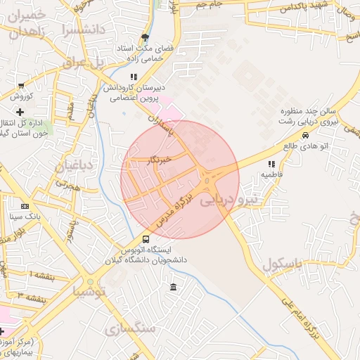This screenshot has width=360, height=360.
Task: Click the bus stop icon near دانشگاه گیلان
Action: (x=146, y=239)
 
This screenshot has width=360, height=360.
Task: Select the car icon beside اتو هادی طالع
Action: (x=305, y=136)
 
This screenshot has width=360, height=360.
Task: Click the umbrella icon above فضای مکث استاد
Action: (x=146, y=37)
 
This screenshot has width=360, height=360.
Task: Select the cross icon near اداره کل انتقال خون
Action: (x=20, y=112)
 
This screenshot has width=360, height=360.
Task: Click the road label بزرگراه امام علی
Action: (x=304, y=317)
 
